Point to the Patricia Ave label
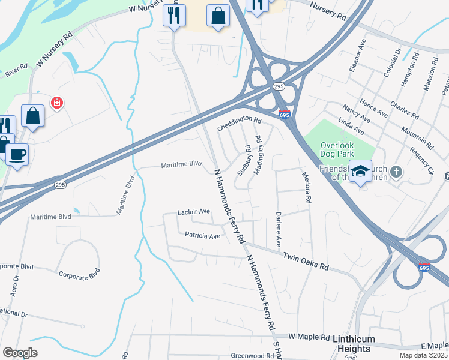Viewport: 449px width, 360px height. (202, 236)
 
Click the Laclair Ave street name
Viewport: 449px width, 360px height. (194, 212)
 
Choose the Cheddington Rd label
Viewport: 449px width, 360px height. (240, 124)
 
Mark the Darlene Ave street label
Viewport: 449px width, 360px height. (279, 229)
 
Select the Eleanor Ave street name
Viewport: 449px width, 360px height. (358, 56)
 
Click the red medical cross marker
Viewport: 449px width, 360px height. (57, 103)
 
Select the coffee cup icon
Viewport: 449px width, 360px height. (17, 155)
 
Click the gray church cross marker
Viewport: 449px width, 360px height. (396, 172)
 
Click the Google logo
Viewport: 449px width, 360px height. (20, 353)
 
